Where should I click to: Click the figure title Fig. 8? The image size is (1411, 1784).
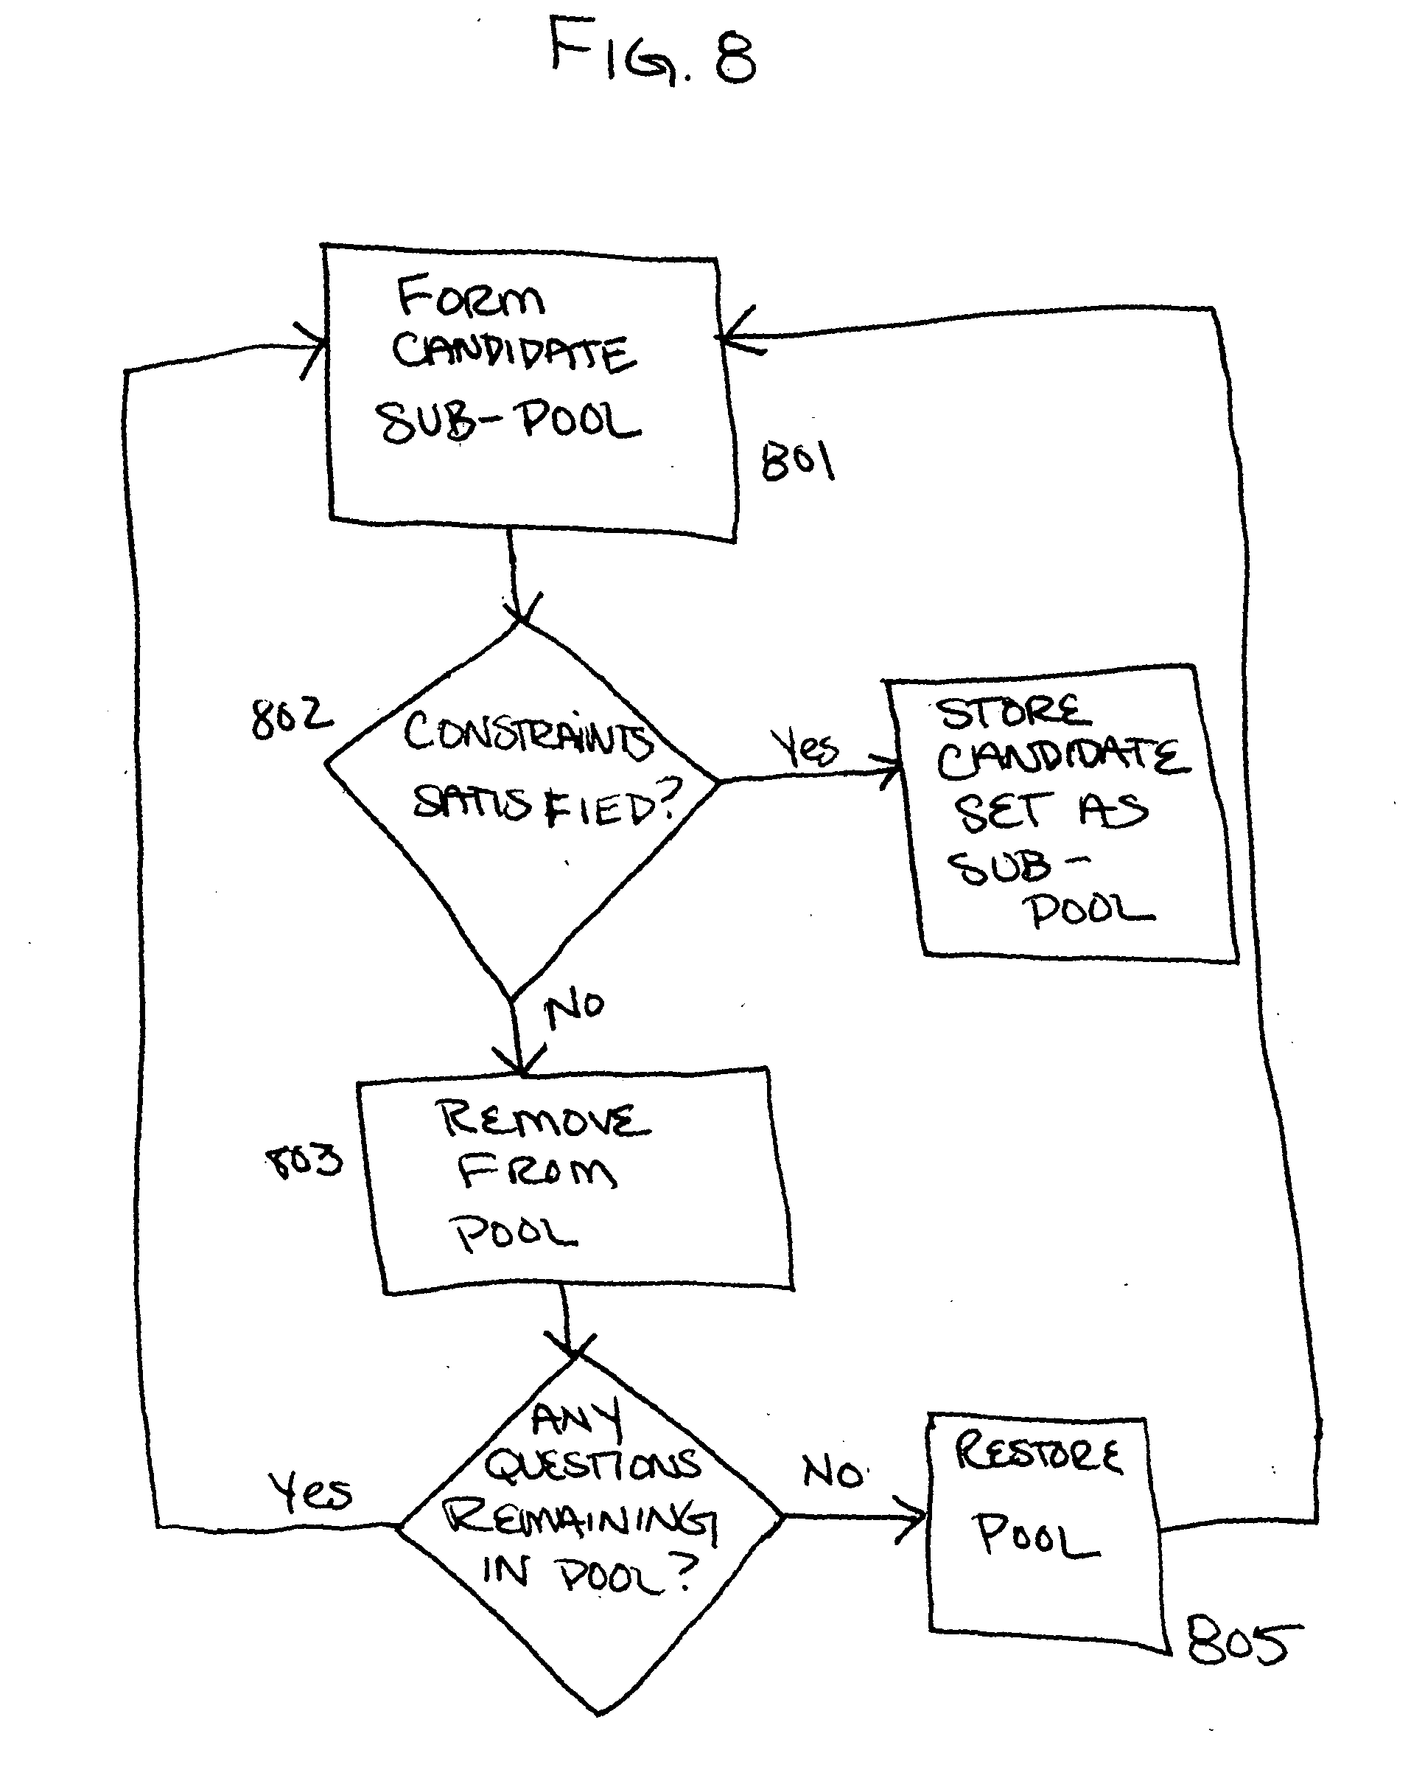[653, 51]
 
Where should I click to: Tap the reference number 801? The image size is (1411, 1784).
[798, 460]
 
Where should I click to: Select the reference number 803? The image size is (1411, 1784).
[304, 1160]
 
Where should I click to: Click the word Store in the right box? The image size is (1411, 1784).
[1013, 712]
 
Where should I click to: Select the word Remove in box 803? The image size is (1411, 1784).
[543, 1120]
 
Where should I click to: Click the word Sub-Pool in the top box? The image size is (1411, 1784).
[508, 422]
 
